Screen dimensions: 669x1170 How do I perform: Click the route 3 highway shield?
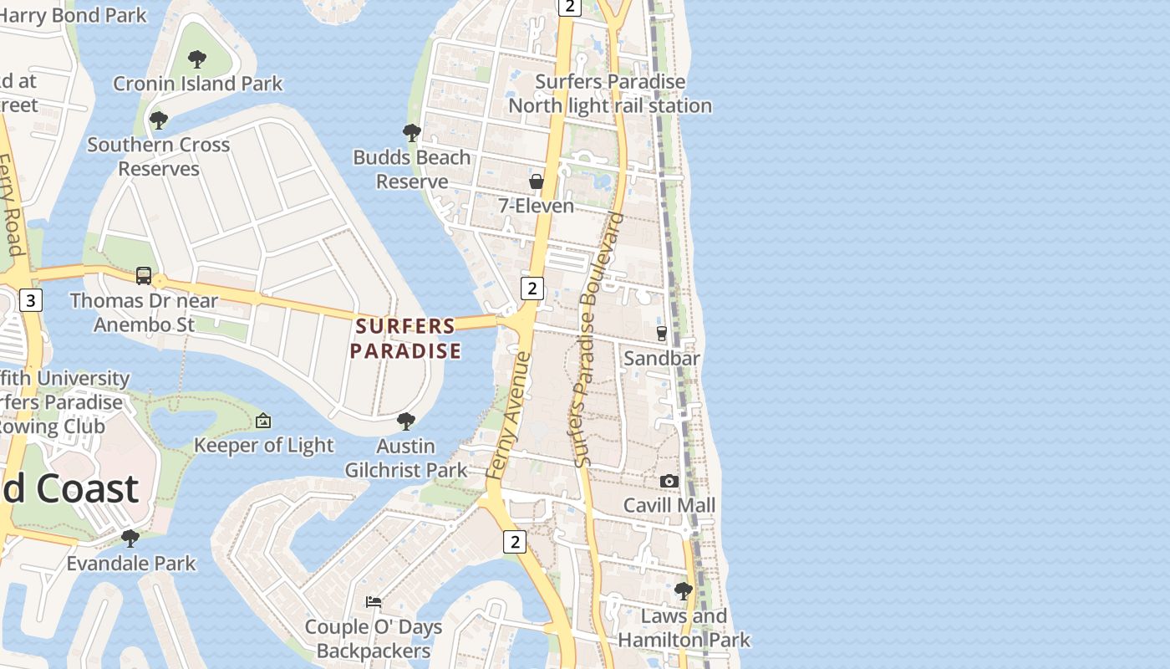pos(31,300)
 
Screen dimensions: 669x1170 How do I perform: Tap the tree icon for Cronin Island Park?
pos(197,59)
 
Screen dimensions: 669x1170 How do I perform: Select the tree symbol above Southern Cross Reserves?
pos(159,120)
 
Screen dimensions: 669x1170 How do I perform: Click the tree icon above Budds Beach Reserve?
pos(411,132)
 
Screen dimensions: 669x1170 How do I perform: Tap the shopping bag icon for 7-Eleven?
pos(536,181)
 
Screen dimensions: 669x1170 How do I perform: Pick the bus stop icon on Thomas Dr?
pos(144,276)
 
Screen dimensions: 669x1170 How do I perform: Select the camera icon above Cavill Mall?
pos(669,481)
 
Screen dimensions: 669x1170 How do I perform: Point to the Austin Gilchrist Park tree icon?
pos(406,421)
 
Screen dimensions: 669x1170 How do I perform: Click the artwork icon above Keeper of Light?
pos(263,421)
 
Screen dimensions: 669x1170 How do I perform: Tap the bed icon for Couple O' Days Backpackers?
pos(374,602)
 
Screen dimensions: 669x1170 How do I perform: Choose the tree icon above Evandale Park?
pos(130,538)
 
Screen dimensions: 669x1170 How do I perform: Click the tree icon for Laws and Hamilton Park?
pos(684,591)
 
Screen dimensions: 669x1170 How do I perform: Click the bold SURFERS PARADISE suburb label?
pos(405,338)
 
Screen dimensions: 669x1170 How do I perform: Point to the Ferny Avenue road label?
pos(509,416)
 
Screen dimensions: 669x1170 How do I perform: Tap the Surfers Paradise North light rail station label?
pos(610,94)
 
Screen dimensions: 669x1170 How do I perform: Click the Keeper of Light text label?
pos(263,445)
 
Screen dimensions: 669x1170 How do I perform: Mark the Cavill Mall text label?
pos(669,505)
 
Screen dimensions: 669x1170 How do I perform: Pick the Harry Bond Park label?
pos(73,14)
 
